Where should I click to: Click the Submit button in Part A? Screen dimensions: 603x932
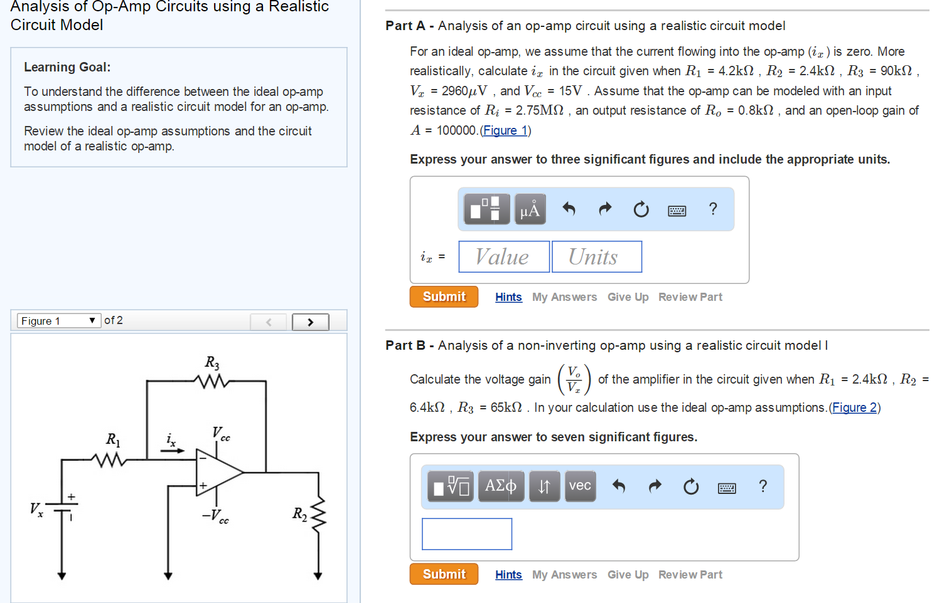(444, 296)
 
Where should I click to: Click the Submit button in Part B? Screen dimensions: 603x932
(444, 574)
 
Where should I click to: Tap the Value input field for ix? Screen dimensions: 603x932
(504, 257)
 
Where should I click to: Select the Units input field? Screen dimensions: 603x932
(596, 257)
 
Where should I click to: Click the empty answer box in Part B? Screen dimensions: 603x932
(466, 534)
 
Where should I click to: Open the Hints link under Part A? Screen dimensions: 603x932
(508, 297)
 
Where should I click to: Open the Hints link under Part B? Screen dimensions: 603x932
(508, 575)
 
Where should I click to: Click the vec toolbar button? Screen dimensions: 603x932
(580, 486)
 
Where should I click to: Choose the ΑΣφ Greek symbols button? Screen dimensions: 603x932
(500, 486)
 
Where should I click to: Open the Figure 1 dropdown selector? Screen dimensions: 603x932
(58, 321)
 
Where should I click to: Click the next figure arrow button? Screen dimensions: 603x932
(310, 322)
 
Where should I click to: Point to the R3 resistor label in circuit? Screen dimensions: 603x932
(212, 363)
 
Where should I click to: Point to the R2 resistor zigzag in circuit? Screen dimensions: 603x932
(318, 514)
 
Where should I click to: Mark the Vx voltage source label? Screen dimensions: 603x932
(36, 509)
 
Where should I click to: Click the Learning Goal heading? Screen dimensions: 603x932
(67, 67)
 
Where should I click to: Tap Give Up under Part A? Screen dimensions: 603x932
(628, 297)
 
